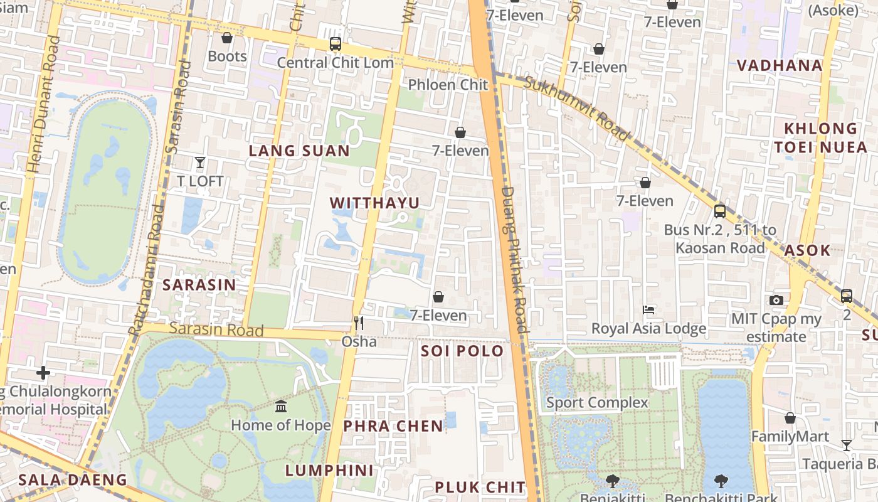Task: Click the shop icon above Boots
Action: click(x=227, y=38)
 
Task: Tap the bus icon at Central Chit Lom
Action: click(x=336, y=44)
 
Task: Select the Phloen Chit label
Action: click(x=448, y=84)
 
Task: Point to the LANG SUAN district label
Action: click(x=299, y=151)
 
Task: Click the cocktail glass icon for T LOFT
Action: click(x=200, y=163)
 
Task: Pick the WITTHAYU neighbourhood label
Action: click(x=374, y=203)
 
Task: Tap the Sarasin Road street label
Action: click(x=216, y=329)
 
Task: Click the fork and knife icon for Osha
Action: click(x=359, y=323)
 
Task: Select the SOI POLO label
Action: click(x=462, y=351)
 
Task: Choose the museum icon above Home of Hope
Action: click(x=281, y=407)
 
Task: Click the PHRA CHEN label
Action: click(x=393, y=426)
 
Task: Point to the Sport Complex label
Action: click(x=597, y=402)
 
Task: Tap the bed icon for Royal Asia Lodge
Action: click(x=648, y=310)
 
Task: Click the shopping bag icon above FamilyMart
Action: click(x=790, y=418)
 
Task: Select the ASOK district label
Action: click(x=807, y=250)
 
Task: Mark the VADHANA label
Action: click(x=780, y=65)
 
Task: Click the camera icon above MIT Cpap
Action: click(x=776, y=300)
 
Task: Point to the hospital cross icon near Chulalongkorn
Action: click(x=43, y=373)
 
